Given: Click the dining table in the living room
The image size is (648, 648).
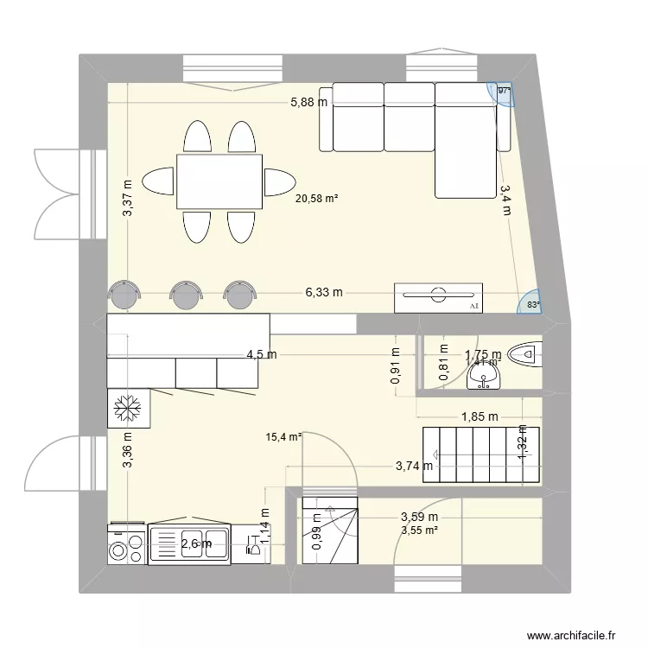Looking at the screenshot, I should click(x=219, y=181).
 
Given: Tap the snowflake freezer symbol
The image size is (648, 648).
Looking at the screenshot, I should click(x=128, y=407).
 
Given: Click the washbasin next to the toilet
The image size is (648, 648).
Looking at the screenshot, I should click(x=482, y=377).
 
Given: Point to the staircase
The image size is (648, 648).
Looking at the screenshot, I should click(x=480, y=454).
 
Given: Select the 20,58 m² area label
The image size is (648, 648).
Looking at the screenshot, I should click(x=316, y=199).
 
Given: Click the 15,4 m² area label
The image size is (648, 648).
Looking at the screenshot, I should click(x=283, y=438).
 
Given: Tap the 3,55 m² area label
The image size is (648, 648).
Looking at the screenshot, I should click(x=419, y=530).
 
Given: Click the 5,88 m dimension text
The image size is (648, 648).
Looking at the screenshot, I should click(x=308, y=102).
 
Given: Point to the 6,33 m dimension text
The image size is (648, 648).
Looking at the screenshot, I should click(x=323, y=293).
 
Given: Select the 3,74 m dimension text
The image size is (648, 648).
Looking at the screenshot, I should click(x=414, y=467).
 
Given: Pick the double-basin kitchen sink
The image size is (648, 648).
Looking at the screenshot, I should click(x=190, y=543).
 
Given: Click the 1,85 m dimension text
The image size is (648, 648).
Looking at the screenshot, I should click(x=480, y=416).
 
